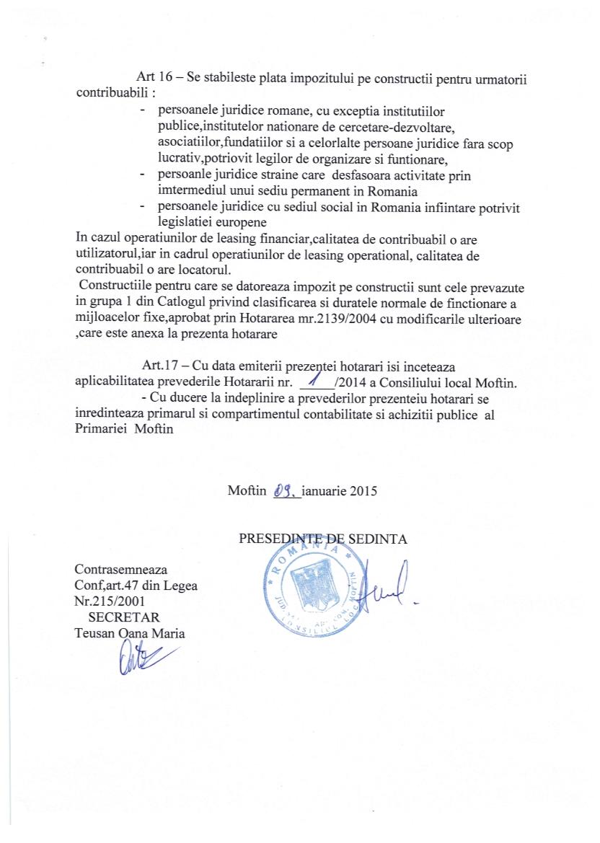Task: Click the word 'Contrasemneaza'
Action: point(120,570)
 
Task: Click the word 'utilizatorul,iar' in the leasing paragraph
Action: point(118,255)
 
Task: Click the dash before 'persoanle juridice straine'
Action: point(144,176)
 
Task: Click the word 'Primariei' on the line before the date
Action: point(101,428)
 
